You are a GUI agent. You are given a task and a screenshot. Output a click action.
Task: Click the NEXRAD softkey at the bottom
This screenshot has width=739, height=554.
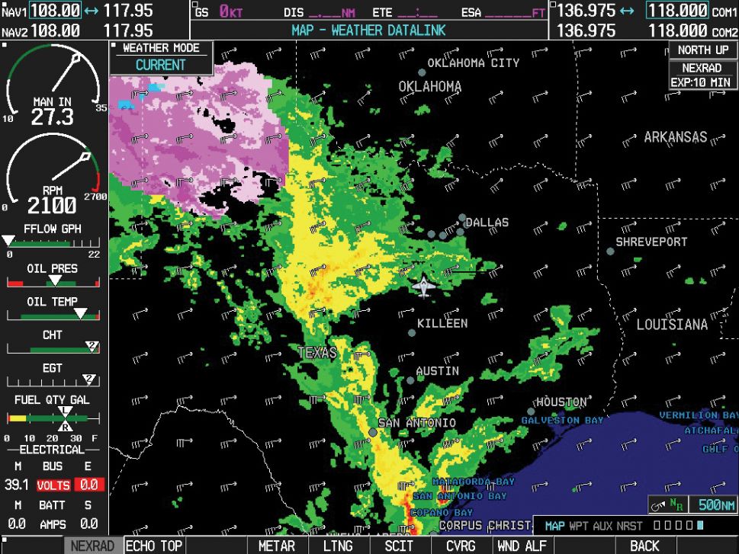tap(92, 546)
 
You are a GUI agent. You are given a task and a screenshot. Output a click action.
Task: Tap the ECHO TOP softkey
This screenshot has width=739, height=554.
tap(154, 546)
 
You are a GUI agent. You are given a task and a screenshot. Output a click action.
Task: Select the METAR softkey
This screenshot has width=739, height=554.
tap(276, 546)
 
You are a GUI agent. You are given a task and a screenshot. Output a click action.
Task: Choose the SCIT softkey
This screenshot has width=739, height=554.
tap(399, 546)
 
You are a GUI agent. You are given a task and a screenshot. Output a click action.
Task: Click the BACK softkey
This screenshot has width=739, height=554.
tap(644, 546)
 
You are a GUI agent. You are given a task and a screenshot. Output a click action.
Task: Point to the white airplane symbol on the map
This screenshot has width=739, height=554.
tap(423, 287)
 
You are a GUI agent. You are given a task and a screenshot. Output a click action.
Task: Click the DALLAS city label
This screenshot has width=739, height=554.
tap(487, 223)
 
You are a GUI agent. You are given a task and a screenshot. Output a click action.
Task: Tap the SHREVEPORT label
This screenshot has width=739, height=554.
tap(651, 242)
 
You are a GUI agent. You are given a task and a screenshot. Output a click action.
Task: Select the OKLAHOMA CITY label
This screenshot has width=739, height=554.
tap(473, 63)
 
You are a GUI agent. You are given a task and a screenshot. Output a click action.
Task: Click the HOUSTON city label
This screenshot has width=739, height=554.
tap(561, 402)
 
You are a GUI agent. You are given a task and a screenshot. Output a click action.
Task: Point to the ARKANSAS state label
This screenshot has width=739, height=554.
tap(675, 138)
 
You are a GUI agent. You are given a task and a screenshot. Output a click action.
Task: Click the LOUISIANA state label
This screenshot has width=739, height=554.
tap(672, 325)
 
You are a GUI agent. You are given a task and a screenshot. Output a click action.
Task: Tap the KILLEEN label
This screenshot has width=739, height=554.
tap(442, 323)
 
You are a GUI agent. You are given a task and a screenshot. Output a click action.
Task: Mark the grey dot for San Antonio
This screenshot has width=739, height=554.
tap(373, 432)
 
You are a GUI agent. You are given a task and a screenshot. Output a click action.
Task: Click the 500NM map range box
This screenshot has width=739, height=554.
tap(716, 504)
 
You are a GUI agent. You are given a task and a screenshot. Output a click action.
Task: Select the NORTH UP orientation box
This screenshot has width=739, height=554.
tap(703, 50)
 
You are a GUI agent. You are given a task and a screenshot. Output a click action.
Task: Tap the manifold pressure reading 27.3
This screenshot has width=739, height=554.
tap(52, 117)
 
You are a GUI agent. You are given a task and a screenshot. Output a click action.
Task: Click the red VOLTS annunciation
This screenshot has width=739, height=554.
tap(53, 485)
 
